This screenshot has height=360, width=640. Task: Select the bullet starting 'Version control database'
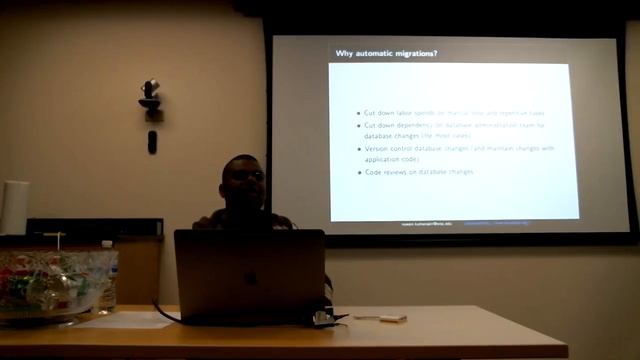point(459,148)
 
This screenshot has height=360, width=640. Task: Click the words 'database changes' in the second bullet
point(392,135)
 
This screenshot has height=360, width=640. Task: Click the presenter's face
point(244,183)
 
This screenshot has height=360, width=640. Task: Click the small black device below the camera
point(152,142)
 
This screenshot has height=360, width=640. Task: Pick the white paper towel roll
point(15,207)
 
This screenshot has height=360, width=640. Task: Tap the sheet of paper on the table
point(125,320)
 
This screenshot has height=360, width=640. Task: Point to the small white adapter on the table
point(392,318)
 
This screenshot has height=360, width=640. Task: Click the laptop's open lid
point(249,275)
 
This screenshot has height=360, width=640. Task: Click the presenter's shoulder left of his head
point(208,221)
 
